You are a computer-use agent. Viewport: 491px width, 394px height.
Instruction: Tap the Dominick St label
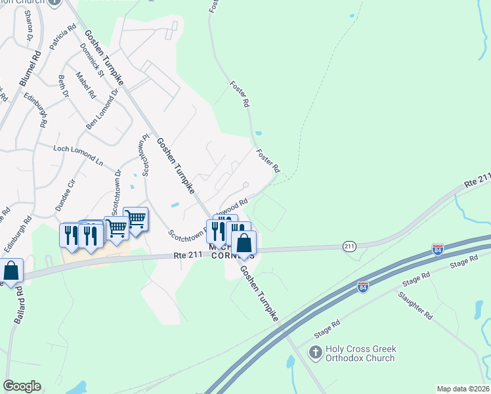point(93,60)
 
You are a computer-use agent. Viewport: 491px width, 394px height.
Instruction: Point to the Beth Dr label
point(64,86)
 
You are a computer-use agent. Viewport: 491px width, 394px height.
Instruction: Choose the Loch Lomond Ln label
point(79,155)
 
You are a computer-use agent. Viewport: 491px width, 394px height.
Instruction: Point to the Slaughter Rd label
point(415,305)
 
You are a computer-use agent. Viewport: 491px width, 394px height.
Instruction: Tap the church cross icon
point(315,353)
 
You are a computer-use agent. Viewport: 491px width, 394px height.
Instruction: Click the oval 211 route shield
point(349,246)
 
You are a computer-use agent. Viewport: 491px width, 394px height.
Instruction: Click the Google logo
point(22,386)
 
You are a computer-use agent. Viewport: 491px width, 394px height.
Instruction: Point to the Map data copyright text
point(463,388)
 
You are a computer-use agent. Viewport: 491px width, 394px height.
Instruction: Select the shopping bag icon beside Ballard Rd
point(11,270)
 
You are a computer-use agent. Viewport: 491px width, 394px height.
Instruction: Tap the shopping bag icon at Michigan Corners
point(244,243)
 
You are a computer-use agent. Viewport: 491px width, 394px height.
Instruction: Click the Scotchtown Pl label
point(144,156)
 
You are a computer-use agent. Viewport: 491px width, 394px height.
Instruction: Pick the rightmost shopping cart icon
point(135,219)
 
